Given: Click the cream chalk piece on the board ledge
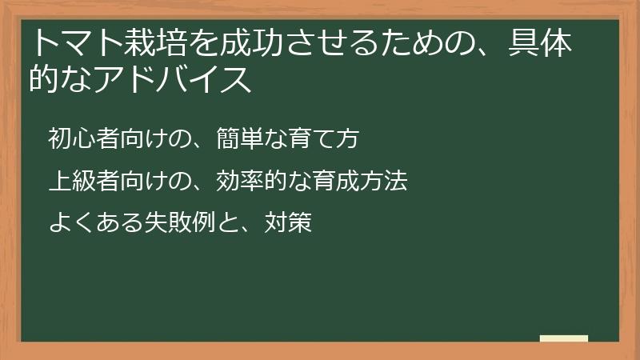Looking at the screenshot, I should [x=563, y=338].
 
